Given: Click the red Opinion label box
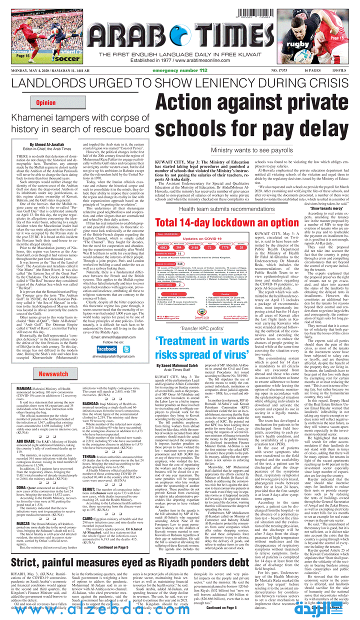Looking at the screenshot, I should (45, 102).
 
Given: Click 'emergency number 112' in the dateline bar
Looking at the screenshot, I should (179, 71).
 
